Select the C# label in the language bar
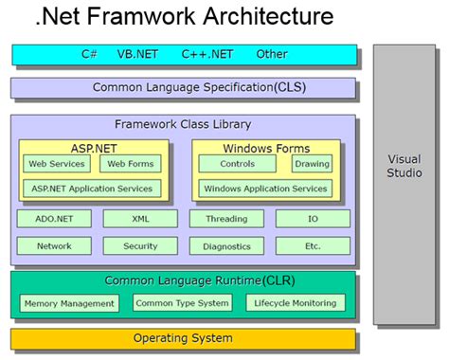[89, 55]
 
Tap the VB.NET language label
[137, 55]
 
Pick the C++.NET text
[207, 55]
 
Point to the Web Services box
[55, 164]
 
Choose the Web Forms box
[130, 164]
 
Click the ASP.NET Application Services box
[92, 189]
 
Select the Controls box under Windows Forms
[237, 164]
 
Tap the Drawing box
[312, 164]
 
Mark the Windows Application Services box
[265, 189]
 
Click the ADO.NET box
[54, 219]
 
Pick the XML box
[140, 219]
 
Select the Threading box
[226, 219]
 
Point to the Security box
[140, 246]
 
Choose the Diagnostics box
[226, 246]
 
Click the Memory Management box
[69, 304]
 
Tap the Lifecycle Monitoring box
[295, 304]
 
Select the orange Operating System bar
[183, 338]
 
